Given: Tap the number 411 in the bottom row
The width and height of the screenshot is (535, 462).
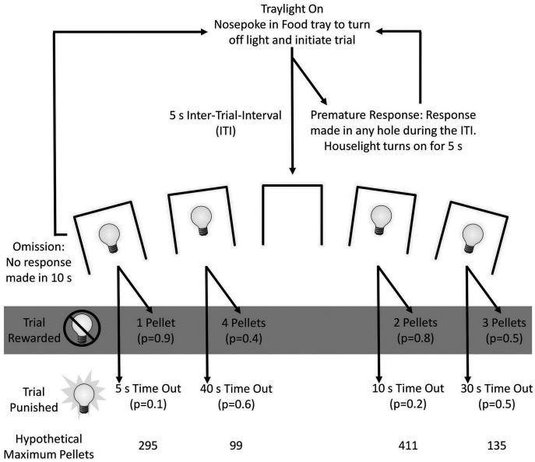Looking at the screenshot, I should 408,446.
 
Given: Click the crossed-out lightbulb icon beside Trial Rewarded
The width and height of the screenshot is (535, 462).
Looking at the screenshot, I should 81,328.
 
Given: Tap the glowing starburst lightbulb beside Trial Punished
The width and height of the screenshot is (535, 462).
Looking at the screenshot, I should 80,396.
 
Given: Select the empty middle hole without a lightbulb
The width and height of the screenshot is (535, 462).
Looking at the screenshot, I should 291,218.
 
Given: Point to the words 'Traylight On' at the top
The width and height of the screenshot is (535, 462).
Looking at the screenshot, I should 291,10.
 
